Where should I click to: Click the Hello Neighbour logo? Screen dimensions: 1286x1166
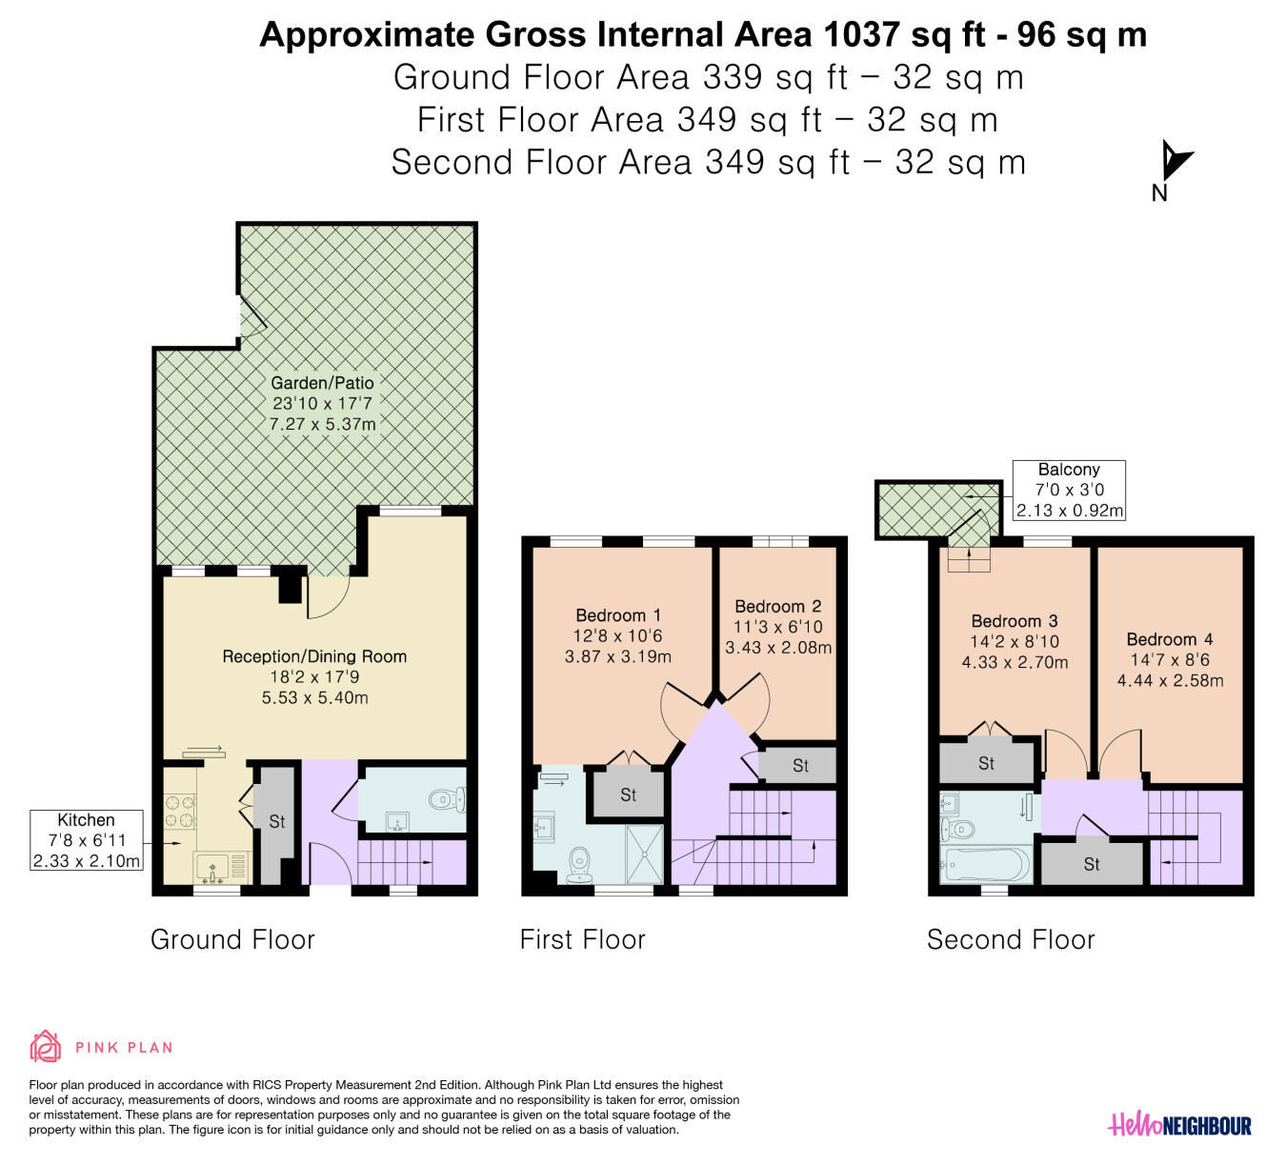click(x=1179, y=1124)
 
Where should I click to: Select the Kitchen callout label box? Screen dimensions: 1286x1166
click(x=87, y=840)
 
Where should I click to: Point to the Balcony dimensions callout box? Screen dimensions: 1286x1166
click(x=1069, y=490)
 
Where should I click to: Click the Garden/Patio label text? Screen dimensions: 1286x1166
click(x=323, y=383)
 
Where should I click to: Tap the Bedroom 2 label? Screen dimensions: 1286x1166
click(x=777, y=607)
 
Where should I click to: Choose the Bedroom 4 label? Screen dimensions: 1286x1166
click(x=1170, y=639)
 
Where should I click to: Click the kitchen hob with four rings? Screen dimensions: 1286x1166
click(x=180, y=812)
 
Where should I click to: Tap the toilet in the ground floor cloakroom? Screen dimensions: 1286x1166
click(x=448, y=800)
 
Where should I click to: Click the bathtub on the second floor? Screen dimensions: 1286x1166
click(x=985, y=864)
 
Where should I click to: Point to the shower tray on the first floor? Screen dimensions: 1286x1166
click(x=644, y=854)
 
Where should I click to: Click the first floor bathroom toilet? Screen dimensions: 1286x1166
click(x=580, y=866)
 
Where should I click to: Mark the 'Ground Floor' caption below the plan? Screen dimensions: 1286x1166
click(x=232, y=939)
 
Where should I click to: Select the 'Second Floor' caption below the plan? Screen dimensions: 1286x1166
click(x=1011, y=939)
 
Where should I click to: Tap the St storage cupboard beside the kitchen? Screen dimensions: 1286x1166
click(x=277, y=825)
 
